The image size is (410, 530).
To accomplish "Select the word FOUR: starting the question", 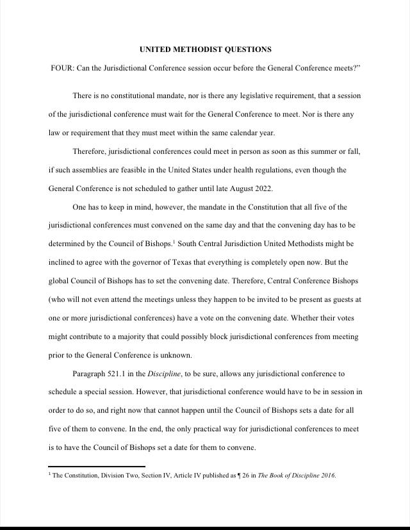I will (62, 69).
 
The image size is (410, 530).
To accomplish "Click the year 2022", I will (263, 189).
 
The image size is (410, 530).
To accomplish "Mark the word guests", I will (340, 300).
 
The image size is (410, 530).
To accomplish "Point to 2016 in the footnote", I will (327, 476).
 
